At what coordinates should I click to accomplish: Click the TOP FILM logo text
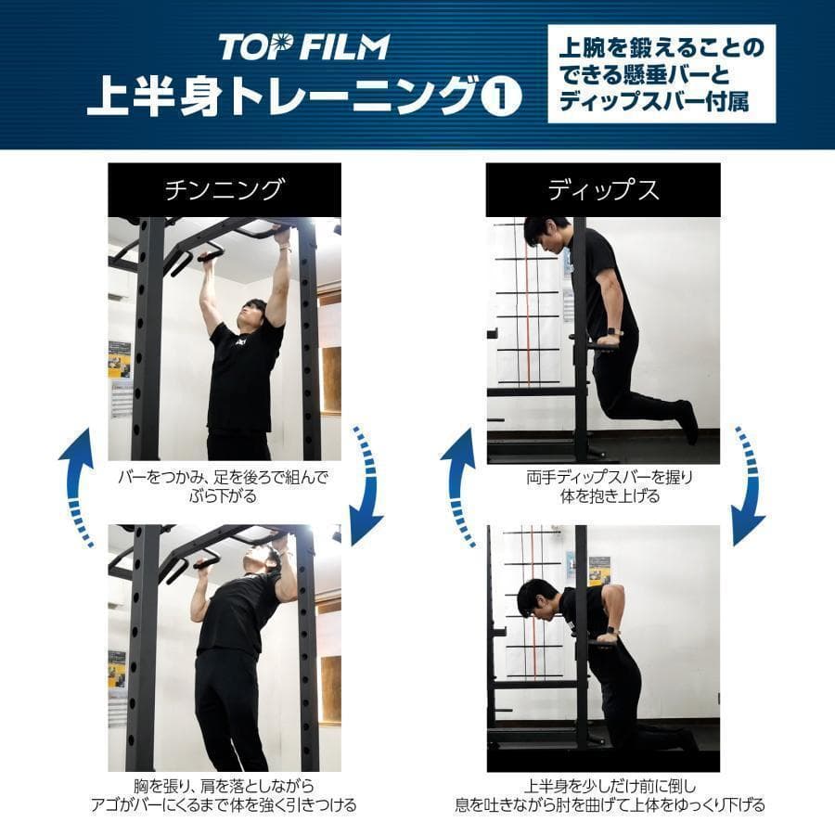click(x=303, y=46)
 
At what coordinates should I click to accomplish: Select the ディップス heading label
click(x=603, y=190)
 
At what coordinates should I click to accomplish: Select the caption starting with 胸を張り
click(x=224, y=795)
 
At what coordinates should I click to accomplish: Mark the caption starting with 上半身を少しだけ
click(x=603, y=795)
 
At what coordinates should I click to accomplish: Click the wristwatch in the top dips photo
click(x=612, y=331)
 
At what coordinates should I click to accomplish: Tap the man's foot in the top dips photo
click(x=687, y=422)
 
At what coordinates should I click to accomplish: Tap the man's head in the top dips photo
click(x=542, y=233)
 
